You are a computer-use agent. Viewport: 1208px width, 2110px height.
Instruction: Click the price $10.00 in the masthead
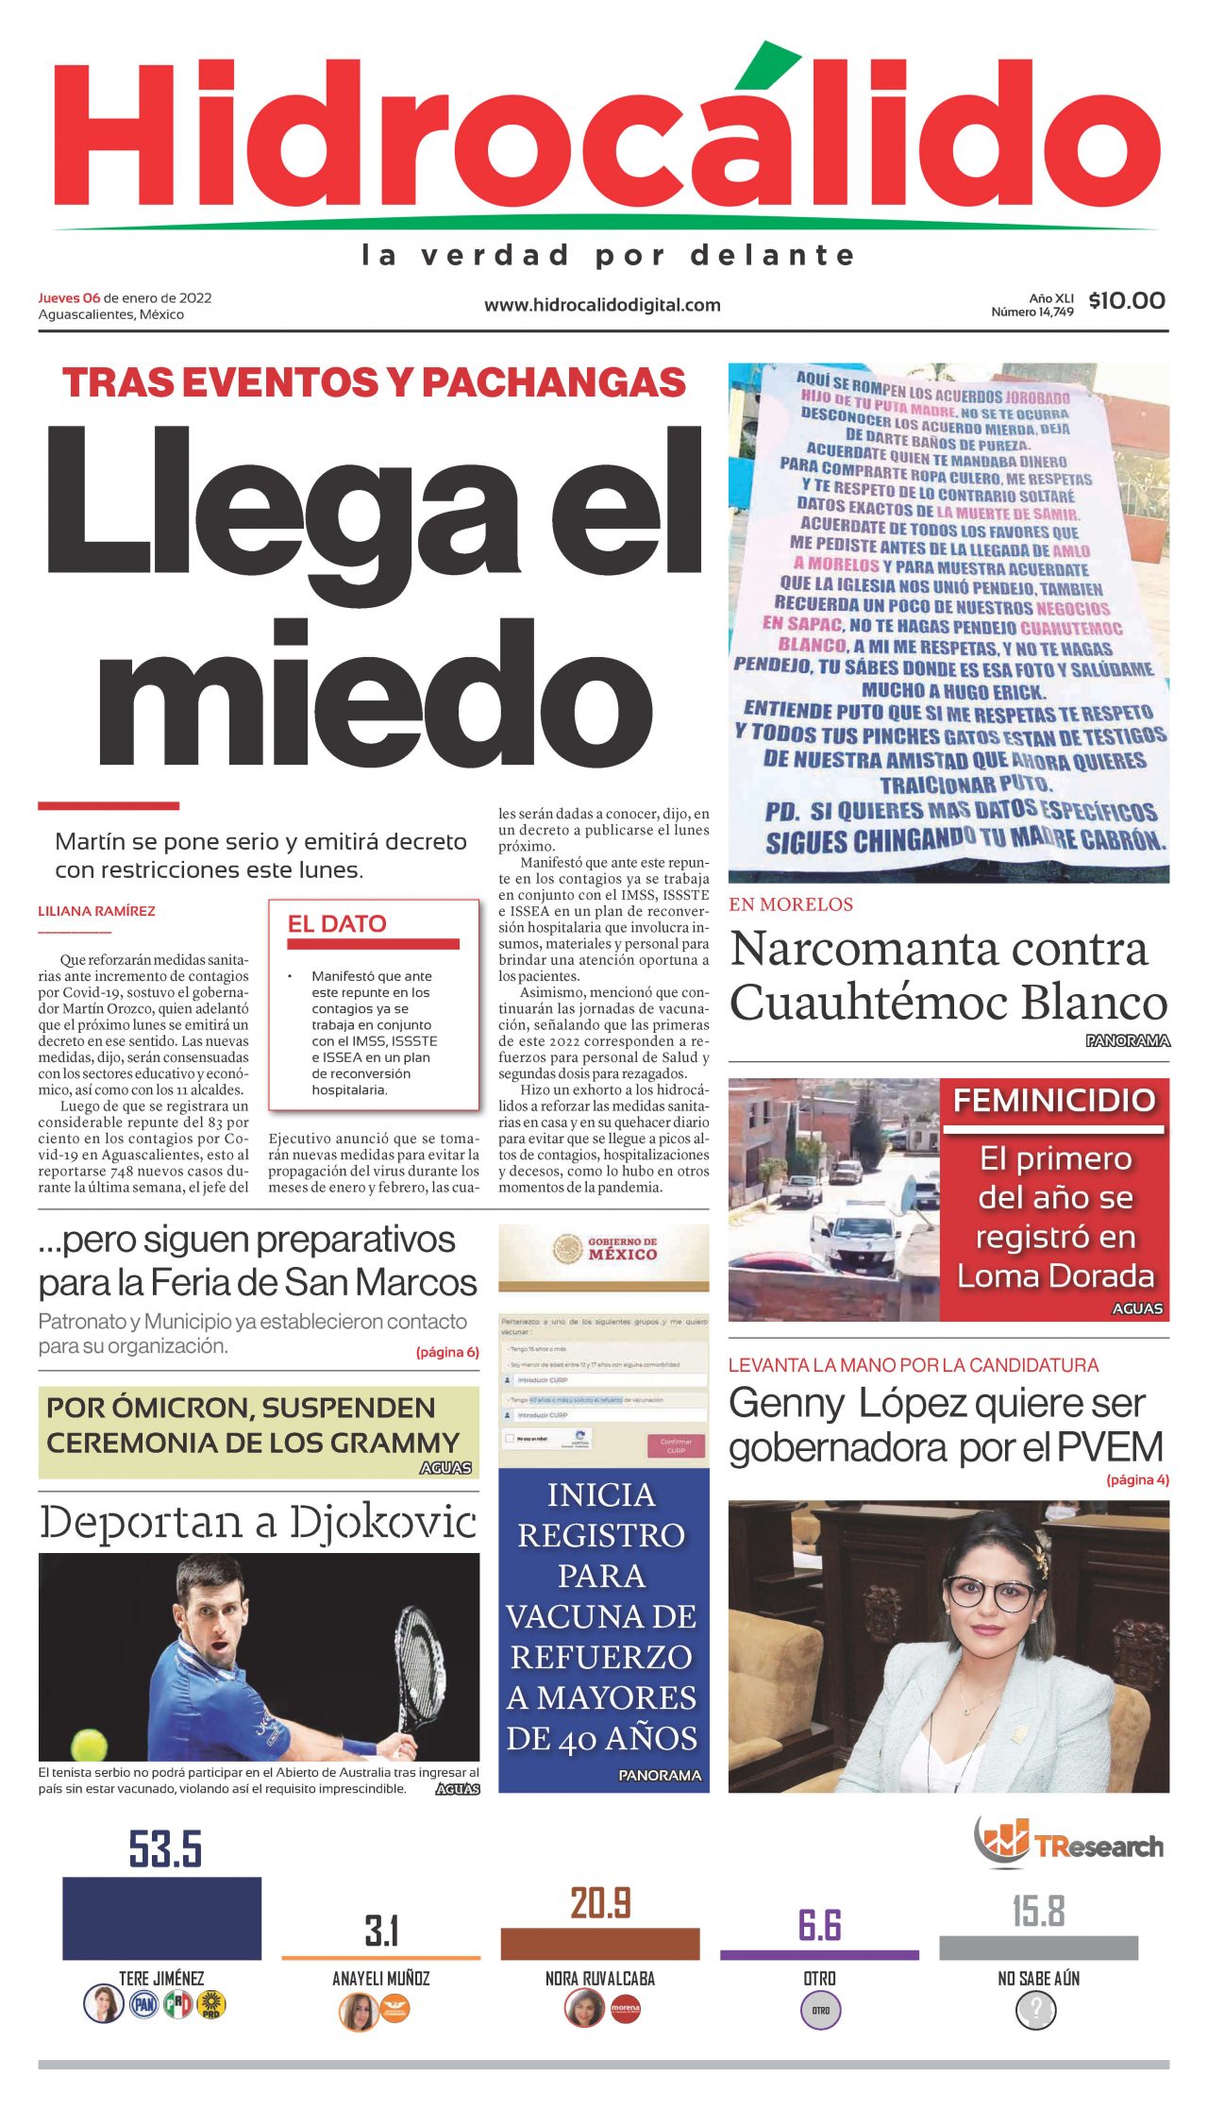click(x=1126, y=301)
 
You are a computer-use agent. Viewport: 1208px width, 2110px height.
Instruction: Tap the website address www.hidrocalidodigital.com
click(x=602, y=305)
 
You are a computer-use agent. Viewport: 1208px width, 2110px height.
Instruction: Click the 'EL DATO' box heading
click(x=337, y=923)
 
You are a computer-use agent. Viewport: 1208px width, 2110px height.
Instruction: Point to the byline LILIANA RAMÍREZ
click(x=96, y=911)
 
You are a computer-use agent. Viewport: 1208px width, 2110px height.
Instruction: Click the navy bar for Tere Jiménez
click(x=161, y=1917)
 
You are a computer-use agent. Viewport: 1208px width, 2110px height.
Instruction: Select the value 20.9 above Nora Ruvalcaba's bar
click(x=600, y=1902)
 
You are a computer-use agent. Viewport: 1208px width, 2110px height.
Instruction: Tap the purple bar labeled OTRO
click(x=819, y=1954)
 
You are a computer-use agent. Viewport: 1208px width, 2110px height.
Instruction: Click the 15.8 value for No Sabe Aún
click(x=1038, y=1912)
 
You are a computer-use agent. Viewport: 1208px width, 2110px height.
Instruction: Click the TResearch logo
click(x=1069, y=1844)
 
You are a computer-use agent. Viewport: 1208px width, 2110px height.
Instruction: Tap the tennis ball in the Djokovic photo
click(x=89, y=1743)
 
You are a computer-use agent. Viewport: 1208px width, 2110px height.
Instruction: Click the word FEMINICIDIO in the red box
click(x=1054, y=1100)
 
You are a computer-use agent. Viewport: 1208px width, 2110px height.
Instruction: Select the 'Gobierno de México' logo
click(x=603, y=1248)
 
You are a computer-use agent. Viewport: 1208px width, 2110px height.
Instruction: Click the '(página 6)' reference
click(x=447, y=1352)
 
